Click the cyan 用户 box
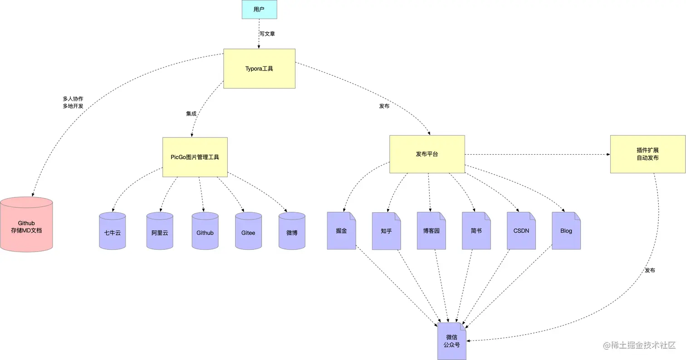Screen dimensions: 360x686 point(259,10)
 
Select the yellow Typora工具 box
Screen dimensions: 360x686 point(259,69)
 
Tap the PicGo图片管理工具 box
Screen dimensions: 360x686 point(195,157)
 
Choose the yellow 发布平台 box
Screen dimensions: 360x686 point(427,154)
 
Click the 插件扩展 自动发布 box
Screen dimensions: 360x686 point(647,154)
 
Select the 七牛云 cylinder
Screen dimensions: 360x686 point(112,231)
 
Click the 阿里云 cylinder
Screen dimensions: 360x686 point(160,231)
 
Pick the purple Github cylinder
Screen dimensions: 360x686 point(205,231)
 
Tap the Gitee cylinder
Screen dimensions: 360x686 point(248,231)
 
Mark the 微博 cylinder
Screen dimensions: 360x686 point(292,231)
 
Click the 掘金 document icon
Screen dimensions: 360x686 point(341,231)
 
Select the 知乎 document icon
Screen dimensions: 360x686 point(386,231)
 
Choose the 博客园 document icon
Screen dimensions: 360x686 point(431,231)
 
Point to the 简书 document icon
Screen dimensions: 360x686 point(476,231)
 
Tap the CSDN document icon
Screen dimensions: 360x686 point(521,231)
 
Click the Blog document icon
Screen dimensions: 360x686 point(566,231)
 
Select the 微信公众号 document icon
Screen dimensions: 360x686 point(452,341)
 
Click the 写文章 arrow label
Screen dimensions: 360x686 point(267,34)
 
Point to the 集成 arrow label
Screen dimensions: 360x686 point(191,114)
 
